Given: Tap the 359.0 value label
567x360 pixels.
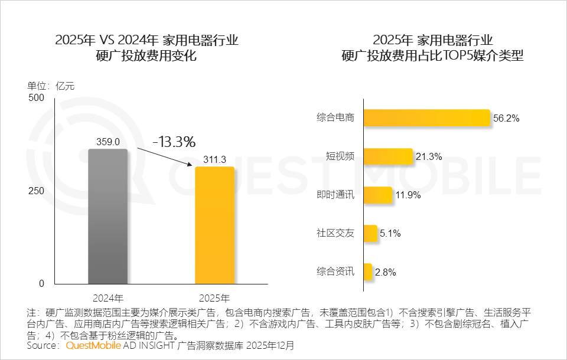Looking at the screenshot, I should click(108, 142).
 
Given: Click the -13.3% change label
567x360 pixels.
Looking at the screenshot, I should click(174, 142).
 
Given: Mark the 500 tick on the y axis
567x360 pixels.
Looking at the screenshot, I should click(37, 98).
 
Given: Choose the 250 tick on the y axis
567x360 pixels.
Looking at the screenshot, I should click(37, 191).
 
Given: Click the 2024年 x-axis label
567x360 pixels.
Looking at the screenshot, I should click(108, 297).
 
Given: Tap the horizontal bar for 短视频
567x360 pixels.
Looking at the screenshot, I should click(387, 156).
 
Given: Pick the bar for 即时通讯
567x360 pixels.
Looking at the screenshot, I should click(377, 195).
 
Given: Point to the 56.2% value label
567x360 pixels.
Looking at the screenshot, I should click(506, 118).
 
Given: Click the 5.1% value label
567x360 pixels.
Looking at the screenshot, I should click(390, 234).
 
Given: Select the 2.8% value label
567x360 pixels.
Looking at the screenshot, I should click(384, 272).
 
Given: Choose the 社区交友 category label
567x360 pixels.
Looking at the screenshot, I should click(335, 234).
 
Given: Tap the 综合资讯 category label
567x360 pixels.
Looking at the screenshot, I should click(335, 272).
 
